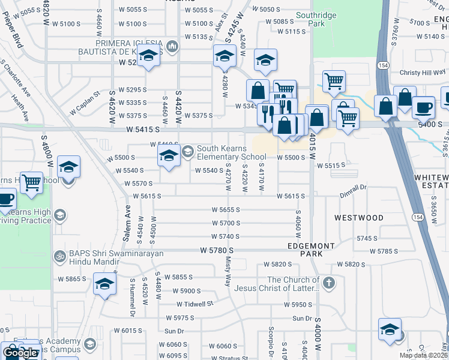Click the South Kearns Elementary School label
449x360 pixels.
[232, 153]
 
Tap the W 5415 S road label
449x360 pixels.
[143, 129]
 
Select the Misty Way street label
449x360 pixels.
[228, 271]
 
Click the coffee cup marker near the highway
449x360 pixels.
[424, 107]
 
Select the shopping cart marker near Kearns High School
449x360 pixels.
[31, 182]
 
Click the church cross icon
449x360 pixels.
[328, 282]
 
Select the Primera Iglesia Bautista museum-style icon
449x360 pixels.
[172, 46]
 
